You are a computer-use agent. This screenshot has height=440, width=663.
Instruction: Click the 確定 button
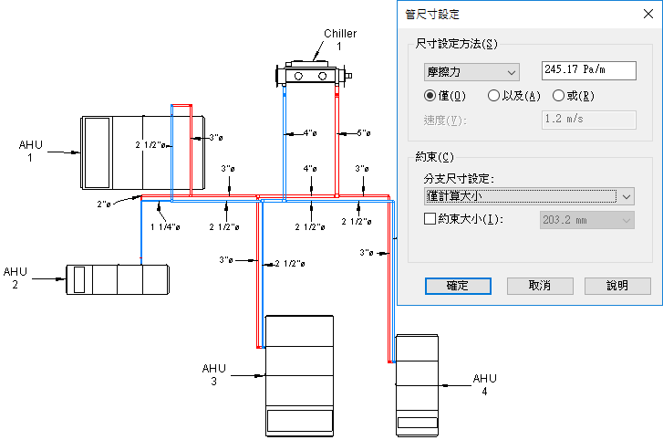point(458,286)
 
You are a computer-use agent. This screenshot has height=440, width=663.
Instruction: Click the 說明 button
point(616,286)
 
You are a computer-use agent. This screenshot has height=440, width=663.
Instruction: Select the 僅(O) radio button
point(430,96)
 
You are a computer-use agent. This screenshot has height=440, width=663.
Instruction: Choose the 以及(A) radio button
point(493,96)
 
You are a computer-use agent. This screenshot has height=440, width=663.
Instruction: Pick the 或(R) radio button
point(558,96)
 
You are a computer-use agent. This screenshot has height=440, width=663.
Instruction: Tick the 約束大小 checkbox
point(431,219)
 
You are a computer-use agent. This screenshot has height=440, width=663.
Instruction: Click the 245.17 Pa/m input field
point(588,70)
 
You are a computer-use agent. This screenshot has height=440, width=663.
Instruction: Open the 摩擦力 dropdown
point(471,71)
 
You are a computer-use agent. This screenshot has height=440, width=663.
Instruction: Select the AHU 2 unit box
point(117,279)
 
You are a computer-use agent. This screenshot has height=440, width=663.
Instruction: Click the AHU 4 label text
point(485,384)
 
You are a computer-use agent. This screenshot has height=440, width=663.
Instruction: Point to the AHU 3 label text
point(213,374)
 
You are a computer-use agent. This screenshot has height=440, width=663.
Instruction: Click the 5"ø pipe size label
point(363,133)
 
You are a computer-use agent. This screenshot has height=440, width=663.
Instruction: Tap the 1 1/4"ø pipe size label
point(165,226)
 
